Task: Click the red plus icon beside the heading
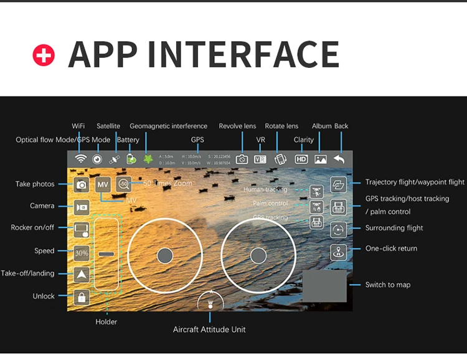[x=44, y=55]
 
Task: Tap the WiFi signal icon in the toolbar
[x=80, y=159]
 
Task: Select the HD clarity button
[x=301, y=159]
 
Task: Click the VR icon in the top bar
[x=260, y=159]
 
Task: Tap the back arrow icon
[x=339, y=159]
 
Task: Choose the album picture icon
[x=321, y=159]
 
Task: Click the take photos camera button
[x=82, y=184]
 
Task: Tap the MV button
[x=103, y=184]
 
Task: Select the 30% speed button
[x=82, y=253]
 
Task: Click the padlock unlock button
[x=82, y=297]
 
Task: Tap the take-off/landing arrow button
[x=82, y=274]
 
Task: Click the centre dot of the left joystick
[x=164, y=255]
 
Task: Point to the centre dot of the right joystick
[x=258, y=255]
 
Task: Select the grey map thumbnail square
[x=324, y=286]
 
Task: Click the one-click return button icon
[x=338, y=252]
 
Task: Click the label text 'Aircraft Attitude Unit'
[x=209, y=329]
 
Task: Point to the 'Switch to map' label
[x=388, y=285]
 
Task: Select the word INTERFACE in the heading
[x=249, y=54]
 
